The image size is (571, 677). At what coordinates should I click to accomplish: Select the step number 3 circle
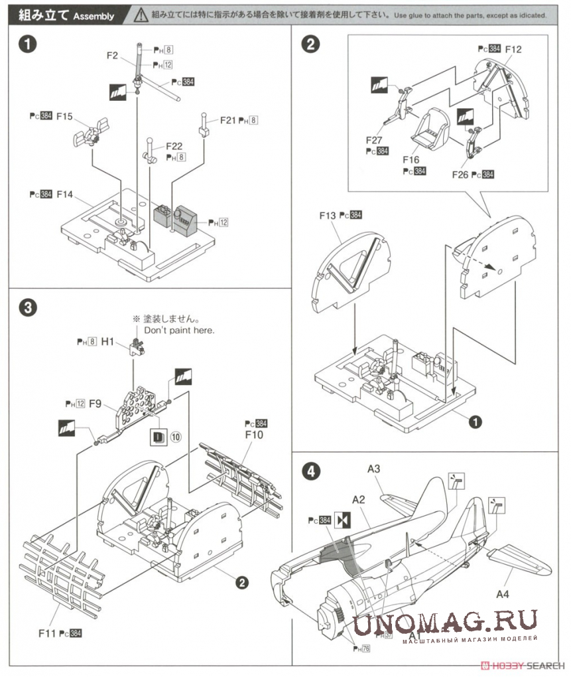(x=26, y=307)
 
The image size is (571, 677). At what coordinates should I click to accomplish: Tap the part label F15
(x=64, y=116)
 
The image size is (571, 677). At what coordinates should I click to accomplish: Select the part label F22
(x=174, y=146)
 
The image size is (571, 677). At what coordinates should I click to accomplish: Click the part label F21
(x=227, y=120)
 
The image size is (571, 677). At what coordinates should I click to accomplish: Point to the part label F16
(x=411, y=159)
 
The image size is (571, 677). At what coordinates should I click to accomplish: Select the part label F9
(x=96, y=403)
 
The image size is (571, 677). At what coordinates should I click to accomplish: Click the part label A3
(x=374, y=469)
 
